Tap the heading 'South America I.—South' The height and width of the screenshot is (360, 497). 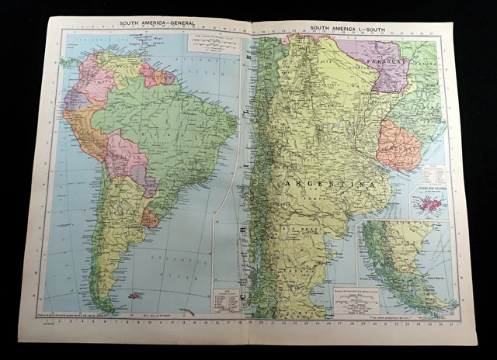[346, 28]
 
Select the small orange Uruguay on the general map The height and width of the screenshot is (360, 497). [150, 219]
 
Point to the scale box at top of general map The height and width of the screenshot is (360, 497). [210, 43]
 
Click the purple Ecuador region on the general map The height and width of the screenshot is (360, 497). [75, 99]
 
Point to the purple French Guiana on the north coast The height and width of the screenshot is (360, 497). [169, 78]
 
